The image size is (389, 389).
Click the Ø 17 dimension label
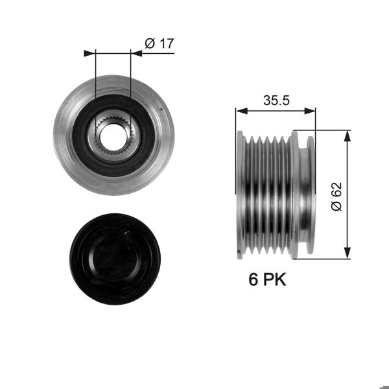click(x=159, y=43)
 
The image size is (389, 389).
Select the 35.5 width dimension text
click(x=276, y=100)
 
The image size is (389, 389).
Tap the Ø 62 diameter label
click(x=335, y=195)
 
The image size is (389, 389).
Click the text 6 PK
click(x=267, y=279)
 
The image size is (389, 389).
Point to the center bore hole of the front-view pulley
click(x=113, y=135)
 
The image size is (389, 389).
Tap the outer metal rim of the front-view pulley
click(x=65, y=135)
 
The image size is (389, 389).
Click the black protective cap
click(x=115, y=259)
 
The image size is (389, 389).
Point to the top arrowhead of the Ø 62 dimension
click(x=349, y=134)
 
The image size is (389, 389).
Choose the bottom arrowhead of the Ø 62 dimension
click(x=349, y=254)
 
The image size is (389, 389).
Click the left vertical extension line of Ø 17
click(x=95, y=78)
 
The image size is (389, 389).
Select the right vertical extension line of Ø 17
click(x=131, y=78)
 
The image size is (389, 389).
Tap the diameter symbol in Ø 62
click(x=335, y=206)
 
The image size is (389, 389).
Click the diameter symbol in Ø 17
click(x=149, y=43)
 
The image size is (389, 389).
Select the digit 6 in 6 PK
click(x=253, y=279)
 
